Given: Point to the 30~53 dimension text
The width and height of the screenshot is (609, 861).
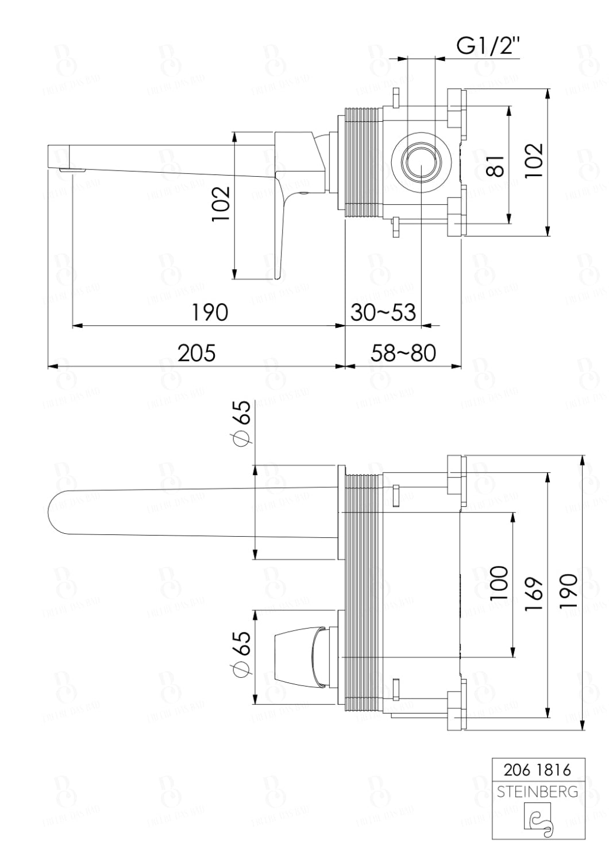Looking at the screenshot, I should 383,313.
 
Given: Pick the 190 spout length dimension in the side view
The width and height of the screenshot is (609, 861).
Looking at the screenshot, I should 209,313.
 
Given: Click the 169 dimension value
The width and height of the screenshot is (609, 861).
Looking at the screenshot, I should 534,594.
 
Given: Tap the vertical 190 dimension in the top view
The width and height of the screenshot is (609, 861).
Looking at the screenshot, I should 569,591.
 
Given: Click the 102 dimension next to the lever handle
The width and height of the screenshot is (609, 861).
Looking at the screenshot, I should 221,204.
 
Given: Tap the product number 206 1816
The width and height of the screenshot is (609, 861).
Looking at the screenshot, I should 537,770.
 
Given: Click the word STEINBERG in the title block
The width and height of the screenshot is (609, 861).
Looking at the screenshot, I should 537,792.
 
